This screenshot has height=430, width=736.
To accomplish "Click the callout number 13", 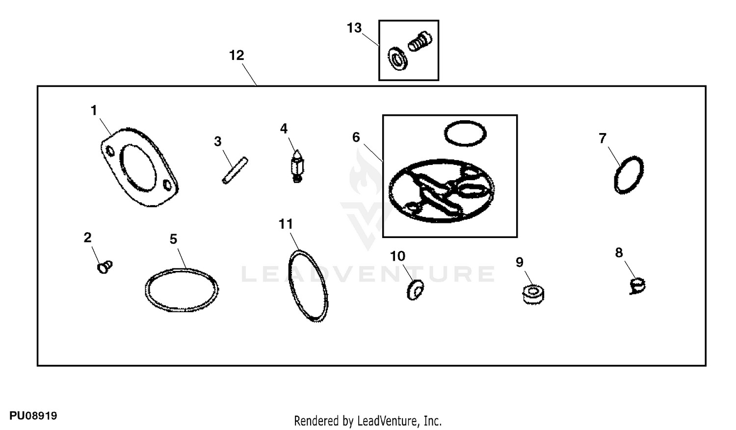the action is [x=354, y=28].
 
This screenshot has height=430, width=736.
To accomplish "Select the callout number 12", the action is [x=237, y=55].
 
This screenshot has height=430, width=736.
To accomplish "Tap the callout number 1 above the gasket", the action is [x=94, y=110].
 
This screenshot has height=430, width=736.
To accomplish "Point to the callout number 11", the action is [x=286, y=224].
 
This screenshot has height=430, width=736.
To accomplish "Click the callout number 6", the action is [x=356, y=137].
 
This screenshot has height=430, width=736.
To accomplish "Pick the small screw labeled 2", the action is [x=105, y=266].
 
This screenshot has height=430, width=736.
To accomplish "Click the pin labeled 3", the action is [x=235, y=170].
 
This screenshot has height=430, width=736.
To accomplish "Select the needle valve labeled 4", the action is [x=297, y=166].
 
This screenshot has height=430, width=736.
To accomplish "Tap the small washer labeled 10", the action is [x=415, y=290].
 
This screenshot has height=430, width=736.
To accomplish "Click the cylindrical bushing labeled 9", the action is [x=533, y=294].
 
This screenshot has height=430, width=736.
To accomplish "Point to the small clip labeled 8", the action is [x=637, y=286].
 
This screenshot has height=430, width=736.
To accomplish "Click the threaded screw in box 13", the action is [x=420, y=41].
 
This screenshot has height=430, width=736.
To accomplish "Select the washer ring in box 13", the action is [x=398, y=59].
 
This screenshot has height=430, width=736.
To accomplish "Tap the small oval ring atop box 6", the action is [x=465, y=134].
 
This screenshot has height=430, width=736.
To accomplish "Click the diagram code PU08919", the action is [x=33, y=416].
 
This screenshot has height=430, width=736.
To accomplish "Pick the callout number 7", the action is [x=602, y=138].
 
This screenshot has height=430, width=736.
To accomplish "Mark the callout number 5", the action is [x=174, y=239].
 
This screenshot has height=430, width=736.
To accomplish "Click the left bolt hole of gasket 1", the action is [x=110, y=152].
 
